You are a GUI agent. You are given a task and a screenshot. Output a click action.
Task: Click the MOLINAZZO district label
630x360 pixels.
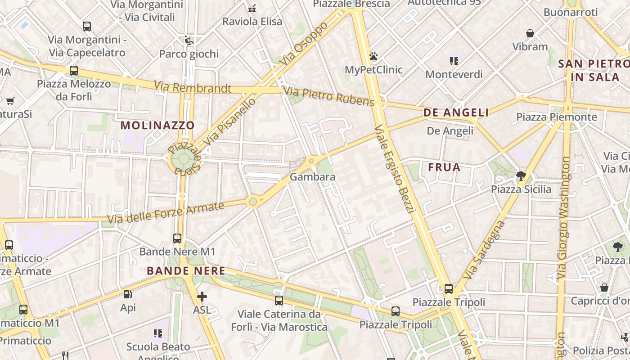(157, 125)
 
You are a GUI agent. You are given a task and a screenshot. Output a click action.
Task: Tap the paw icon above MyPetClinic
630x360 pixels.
(373, 57)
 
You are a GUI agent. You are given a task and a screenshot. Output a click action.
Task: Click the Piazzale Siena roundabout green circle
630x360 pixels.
(183, 159)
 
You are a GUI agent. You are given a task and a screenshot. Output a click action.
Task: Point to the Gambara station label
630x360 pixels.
(312, 177)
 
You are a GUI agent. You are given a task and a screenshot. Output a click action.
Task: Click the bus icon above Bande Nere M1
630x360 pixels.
(177, 238)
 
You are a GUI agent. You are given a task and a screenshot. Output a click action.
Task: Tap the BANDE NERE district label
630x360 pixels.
(186, 271)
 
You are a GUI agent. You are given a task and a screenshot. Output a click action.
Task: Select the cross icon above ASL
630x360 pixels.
(202, 297)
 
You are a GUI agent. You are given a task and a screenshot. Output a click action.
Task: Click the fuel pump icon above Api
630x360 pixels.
(128, 295)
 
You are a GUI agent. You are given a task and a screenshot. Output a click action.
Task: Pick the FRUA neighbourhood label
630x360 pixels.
(444, 167)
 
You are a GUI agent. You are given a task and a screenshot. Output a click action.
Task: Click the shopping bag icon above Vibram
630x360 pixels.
(530, 33)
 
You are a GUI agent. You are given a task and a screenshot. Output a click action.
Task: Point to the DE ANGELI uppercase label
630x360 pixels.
(456, 112)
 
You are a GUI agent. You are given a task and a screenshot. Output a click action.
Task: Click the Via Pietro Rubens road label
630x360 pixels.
(329, 97)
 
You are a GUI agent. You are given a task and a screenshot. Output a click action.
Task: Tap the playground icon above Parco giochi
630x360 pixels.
(189, 40)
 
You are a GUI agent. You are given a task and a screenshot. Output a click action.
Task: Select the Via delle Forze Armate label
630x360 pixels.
(166, 213)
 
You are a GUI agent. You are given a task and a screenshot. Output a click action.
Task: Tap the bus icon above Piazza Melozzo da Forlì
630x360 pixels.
(74, 71)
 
